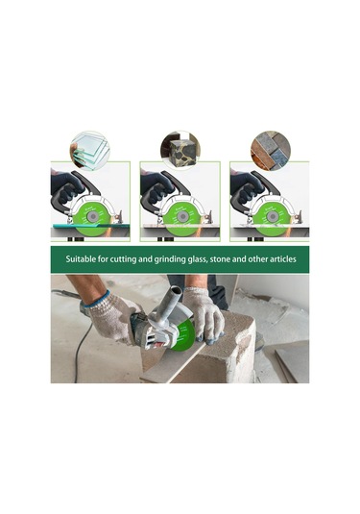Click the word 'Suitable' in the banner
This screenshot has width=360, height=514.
point(79,259)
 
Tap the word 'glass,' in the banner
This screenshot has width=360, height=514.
point(197,259)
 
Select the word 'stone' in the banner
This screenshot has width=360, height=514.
point(221,259)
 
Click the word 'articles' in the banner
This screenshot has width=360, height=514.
point(282,259)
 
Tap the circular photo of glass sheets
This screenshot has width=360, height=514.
point(90,151)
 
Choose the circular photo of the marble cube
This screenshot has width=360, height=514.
point(180,150)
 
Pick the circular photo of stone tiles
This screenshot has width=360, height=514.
point(271,151)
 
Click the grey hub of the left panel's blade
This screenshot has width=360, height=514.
point(93,217)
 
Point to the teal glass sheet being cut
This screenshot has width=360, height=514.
point(91,226)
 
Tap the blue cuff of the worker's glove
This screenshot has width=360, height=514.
point(97,298)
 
